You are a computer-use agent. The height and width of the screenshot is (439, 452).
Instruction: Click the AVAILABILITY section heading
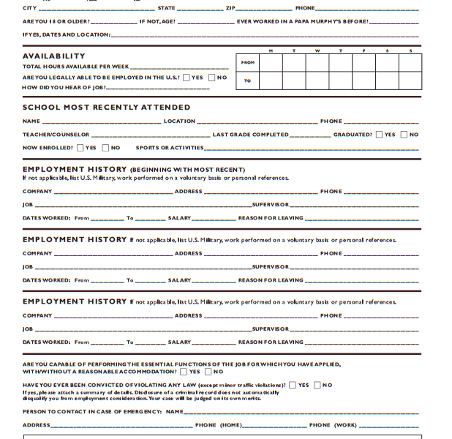point(53,56)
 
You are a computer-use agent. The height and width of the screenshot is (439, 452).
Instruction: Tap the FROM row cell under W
point(317,62)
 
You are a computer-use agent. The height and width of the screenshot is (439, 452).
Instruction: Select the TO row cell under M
point(271,80)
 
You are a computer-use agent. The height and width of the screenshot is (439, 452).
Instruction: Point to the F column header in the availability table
point(364,50)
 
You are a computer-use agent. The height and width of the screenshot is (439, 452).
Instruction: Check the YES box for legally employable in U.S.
point(187,77)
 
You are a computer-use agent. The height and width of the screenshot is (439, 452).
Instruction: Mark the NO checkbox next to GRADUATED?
point(403,135)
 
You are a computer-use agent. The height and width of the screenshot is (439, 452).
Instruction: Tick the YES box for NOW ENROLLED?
point(80,148)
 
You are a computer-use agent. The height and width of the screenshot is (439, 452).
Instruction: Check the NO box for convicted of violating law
point(317,385)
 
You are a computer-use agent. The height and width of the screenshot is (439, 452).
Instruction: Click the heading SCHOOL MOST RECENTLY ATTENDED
point(106,108)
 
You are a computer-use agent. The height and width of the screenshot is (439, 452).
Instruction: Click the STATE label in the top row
point(166,8)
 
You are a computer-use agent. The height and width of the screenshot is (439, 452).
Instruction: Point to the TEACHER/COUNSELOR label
point(56,135)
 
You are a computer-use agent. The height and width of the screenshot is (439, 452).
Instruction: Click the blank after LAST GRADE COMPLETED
point(310,135)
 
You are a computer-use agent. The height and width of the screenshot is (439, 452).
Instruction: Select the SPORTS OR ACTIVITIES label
point(169,148)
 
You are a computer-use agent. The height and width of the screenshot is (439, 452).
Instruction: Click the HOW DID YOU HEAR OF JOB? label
point(64,88)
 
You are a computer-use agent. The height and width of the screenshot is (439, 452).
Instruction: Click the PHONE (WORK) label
point(333,425)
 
